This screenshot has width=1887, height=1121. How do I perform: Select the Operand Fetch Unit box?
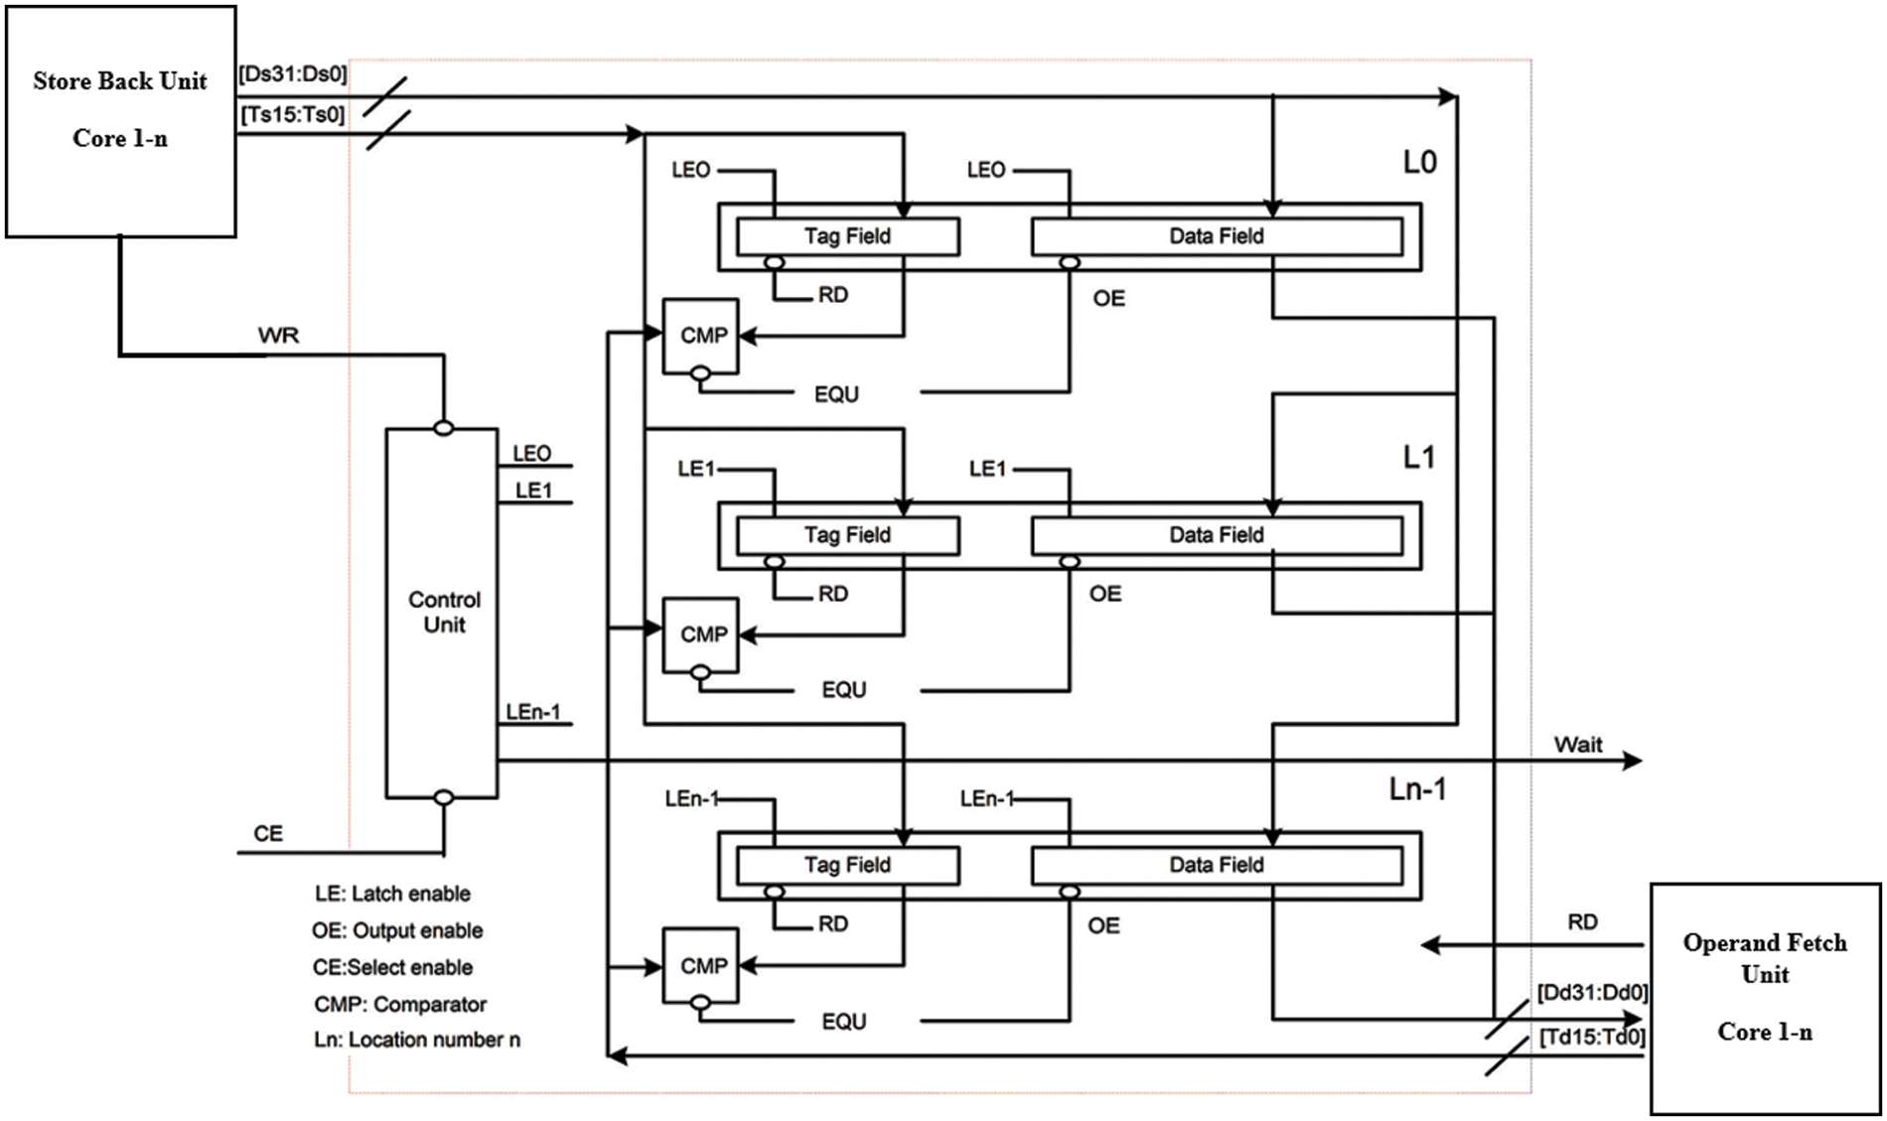tap(1765, 998)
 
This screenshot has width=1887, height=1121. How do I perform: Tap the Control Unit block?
tap(442, 613)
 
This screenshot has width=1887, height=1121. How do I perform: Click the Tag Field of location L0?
tap(847, 236)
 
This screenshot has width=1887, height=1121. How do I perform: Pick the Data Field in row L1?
tap(1217, 535)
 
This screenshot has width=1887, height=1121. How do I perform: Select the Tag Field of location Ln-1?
tap(847, 865)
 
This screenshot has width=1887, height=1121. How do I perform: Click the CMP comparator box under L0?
tap(701, 336)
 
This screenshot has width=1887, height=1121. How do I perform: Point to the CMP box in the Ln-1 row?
tap(701, 965)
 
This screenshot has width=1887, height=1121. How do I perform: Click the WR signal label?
tap(278, 336)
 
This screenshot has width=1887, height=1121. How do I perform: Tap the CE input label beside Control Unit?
tap(268, 833)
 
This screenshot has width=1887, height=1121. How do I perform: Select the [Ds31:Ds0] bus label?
tap(293, 74)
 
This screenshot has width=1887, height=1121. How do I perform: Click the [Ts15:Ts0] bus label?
tap(293, 115)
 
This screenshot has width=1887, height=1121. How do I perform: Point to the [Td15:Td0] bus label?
tap(1592, 1038)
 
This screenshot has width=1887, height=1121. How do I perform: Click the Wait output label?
tap(1577, 745)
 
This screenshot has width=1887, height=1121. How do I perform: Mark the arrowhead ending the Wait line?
tap(1632, 761)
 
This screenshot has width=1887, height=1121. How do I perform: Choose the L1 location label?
tap(1418, 458)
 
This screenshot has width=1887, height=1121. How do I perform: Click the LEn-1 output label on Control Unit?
tap(533, 712)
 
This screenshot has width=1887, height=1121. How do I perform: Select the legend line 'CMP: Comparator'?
tap(400, 1004)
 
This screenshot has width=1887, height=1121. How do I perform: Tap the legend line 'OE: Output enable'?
tap(397, 930)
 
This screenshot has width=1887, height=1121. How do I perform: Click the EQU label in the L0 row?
tap(836, 394)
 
